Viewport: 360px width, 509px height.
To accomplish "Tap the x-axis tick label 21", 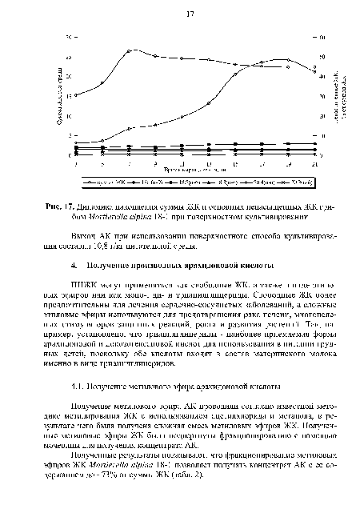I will (x=314, y=163).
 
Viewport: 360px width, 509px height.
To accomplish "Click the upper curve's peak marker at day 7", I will (x=130, y=51).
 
